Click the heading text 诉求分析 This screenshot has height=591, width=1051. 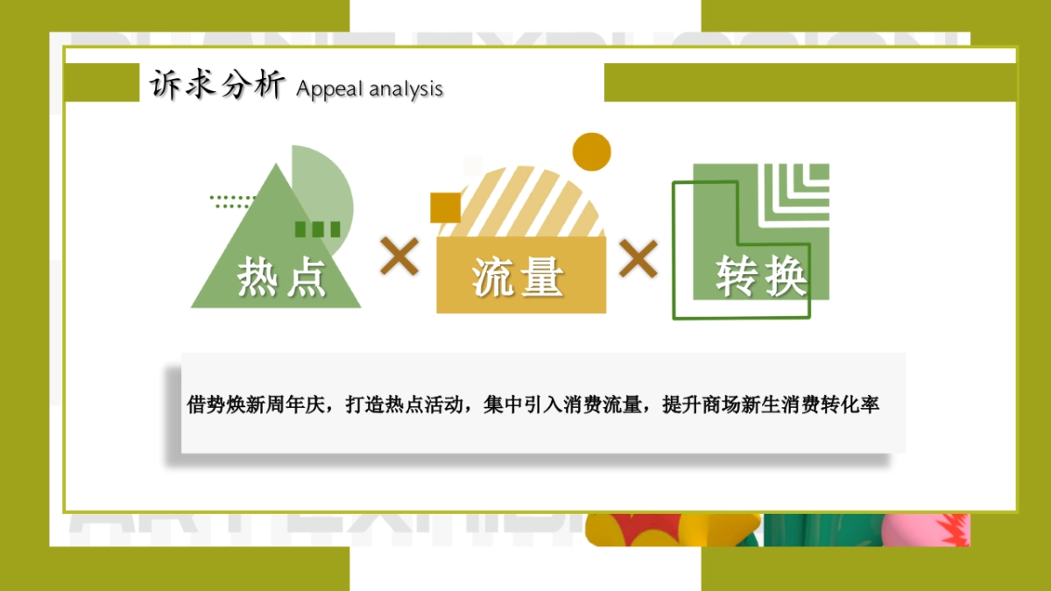pyautogui.click(x=216, y=85)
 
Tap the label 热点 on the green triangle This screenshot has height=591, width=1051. pyautogui.click(x=281, y=278)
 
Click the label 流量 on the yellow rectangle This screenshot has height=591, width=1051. pyautogui.click(x=518, y=278)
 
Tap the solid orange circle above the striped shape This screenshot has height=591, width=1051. pyautogui.click(x=591, y=151)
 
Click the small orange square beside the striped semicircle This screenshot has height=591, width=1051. pyautogui.click(x=445, y=207)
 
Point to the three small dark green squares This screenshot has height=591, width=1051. pyautogui.click(x=317, y=229)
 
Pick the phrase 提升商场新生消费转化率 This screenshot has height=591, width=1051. pyautogui.click(x=771, y=405)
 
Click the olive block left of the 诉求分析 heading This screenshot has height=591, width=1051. pyautogui.click(x=102, y=82)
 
